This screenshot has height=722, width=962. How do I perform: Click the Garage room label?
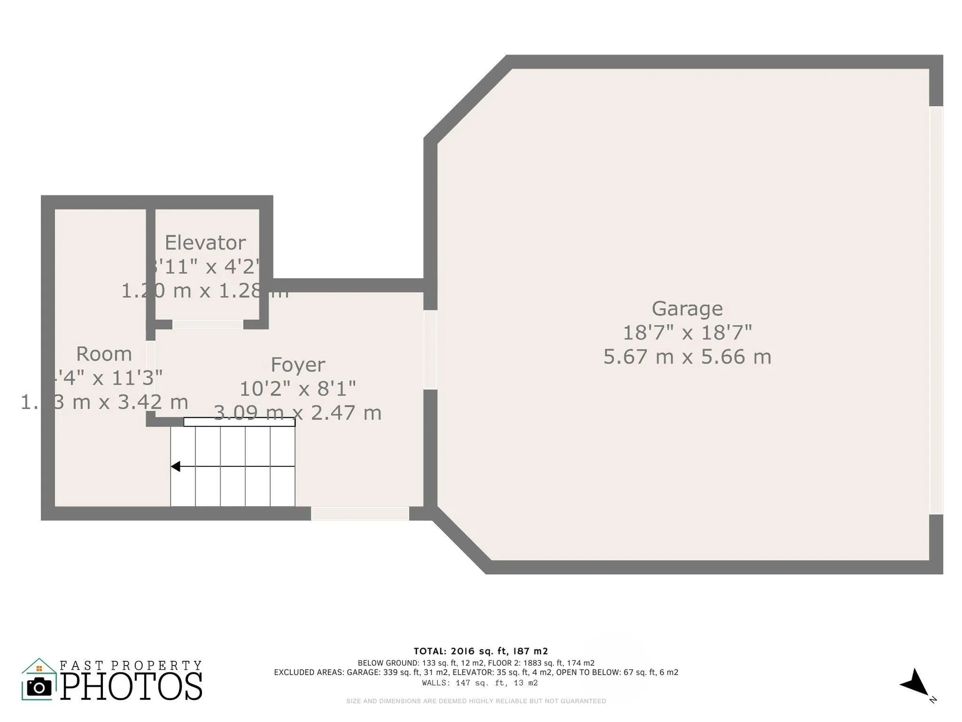coord(687,309)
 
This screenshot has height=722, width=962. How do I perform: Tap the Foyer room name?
coord(298,364)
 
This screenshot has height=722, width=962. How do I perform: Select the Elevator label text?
coord(205,243)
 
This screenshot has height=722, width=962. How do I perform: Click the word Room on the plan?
coord(104,354)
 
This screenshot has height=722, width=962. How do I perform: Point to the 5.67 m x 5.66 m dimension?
coord(687,357)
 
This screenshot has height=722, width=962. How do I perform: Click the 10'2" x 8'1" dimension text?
coord(298,388)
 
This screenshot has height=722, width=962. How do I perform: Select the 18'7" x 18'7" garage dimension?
coord(687,333)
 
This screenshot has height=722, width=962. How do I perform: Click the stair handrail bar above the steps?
coord(239,422)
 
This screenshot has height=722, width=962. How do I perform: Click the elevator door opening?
coord(207,325)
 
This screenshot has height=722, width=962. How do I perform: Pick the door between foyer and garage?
coord(430,350)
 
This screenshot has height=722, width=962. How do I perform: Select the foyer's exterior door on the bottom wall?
coord(360,514)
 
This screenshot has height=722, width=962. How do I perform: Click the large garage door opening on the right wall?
coord(936,310)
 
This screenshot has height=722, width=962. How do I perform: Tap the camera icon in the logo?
coord(39,687)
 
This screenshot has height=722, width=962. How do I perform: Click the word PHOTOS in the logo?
coord(131,686)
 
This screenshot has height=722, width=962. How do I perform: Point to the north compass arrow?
coord(915,683)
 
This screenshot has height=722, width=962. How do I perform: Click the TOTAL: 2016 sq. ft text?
coord(481,651)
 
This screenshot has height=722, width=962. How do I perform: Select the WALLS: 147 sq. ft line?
coord(480,683)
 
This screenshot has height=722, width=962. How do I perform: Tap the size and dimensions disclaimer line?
coord(476,701)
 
